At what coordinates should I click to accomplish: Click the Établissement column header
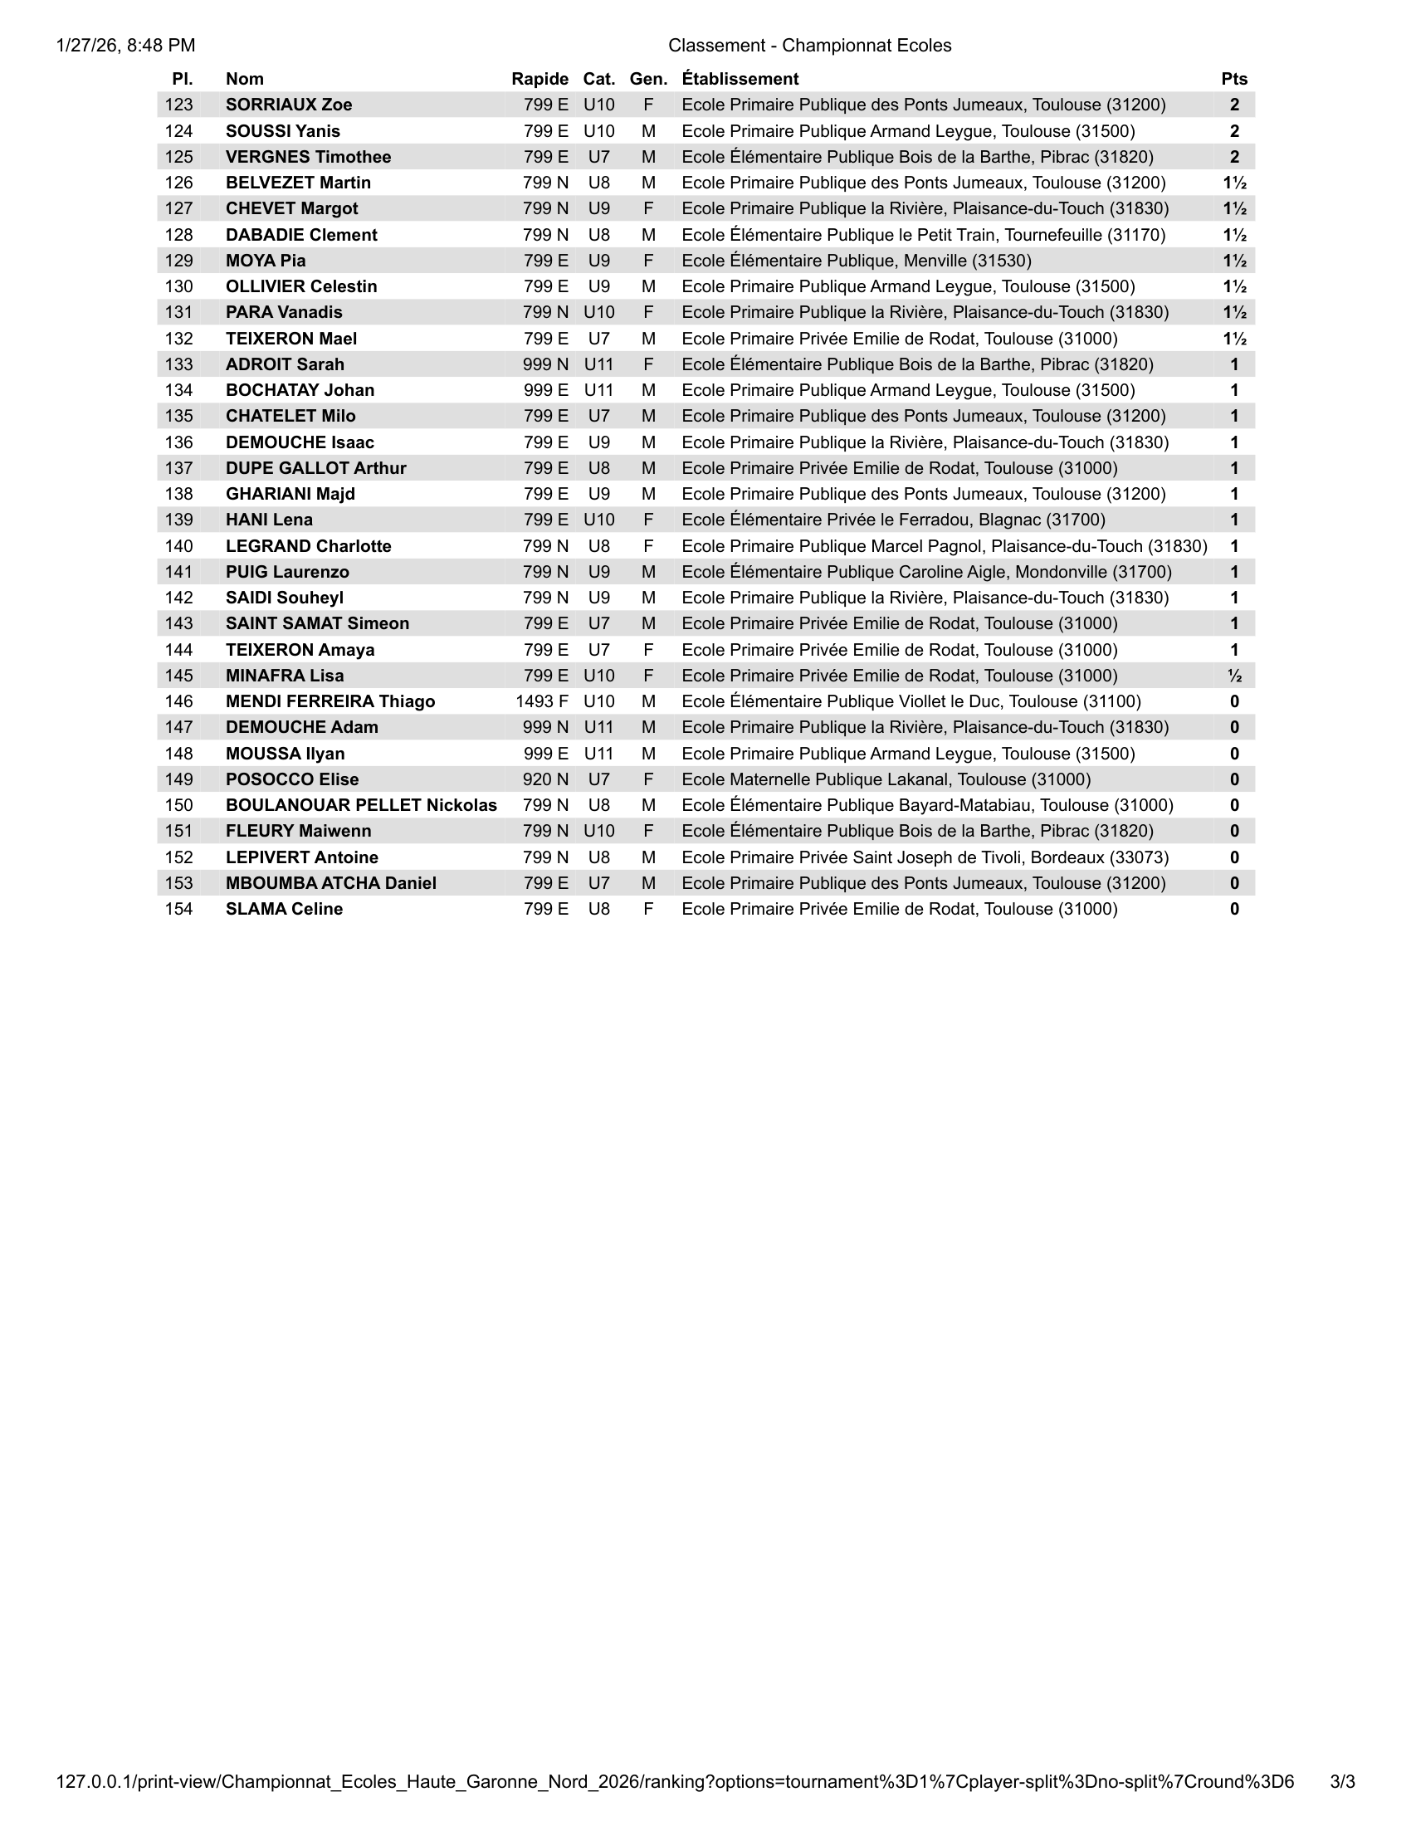(x=740, y=79)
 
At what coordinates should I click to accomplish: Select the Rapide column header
(x=539, y=79)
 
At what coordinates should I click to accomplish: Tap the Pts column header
(x=1233, y=79)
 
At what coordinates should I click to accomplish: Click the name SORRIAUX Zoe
(x=288, y=105)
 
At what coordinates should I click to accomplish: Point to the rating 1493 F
(x=542, y=701)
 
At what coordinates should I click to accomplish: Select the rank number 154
(x=179, y=909)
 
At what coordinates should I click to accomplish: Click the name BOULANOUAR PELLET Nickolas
(x=361, y=805)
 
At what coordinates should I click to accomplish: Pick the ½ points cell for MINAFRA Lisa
(x=1233, y=676)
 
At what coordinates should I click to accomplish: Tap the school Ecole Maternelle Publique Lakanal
(x=886, y=779)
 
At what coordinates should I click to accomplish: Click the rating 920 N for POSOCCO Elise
(x=545, y=779)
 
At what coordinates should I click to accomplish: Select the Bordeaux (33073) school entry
(x=925, y=857)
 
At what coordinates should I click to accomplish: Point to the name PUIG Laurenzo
(x=287, y=572)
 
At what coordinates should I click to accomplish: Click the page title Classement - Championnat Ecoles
(x=809, y=45)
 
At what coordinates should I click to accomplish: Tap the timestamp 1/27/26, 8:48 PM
(x=125, y=45)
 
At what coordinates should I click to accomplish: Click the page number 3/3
(x=1341, y=1782)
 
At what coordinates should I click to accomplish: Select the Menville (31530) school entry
(x=857, y=261)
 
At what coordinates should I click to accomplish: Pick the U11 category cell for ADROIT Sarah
(x=598, y=364)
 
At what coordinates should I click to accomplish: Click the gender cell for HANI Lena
(x=648, y=520)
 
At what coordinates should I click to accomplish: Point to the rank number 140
(x=179, y=546)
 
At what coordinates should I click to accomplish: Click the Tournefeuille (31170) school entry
(x=924, y=235)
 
